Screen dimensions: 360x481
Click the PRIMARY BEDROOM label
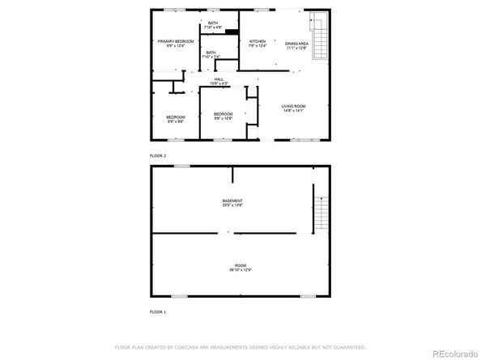click(175, 40)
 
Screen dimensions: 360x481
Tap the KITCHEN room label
click(258, 41)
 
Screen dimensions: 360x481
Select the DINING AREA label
click(296, 43)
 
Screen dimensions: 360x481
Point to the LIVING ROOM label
click(292, 107)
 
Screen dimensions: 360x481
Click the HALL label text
click(219, 79)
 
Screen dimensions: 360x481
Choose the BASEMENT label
click(232, 201)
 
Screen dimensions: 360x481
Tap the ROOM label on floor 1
click(240, 265)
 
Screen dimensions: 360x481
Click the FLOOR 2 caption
click(158, 155)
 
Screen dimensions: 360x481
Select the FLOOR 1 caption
click(158, 311)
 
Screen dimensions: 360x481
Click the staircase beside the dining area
click(319, 36)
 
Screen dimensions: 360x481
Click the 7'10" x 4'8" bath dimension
click(212, 28)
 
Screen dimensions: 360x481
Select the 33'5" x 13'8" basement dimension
click(232, 205)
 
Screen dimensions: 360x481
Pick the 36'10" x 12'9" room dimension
click(240, 270)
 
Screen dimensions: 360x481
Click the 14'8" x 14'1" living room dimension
click(292, 112)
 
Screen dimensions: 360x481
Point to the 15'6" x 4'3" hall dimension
click(219, 84)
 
